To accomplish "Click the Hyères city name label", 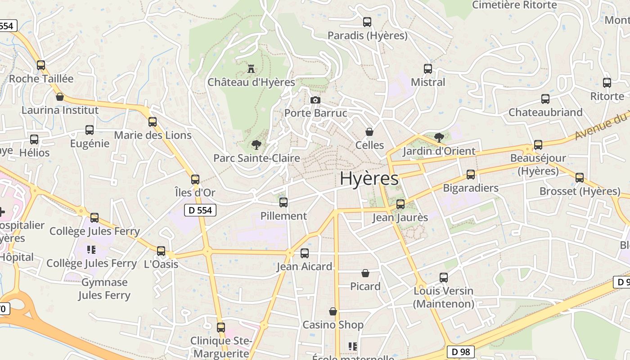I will coord(369,179).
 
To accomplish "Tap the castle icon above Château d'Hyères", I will coord(251,69).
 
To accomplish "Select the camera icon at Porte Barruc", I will coord(315,100).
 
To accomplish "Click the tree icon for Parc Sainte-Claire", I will coord(256,144).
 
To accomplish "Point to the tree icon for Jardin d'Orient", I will coord(439,137).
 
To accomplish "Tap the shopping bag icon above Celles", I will coord(369,132).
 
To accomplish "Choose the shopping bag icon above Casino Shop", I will coord(333,311).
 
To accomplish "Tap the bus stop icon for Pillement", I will coord(283,202).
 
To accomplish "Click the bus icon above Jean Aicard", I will coord(305,253).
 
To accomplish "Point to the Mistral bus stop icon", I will coord(428,69).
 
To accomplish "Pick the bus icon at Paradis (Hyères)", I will coord(367,22).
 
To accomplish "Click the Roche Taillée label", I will coord(41,79).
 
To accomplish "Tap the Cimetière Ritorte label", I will coord(514,5).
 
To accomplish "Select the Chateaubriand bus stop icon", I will coord(545,99).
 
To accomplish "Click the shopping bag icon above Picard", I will coord(365,273).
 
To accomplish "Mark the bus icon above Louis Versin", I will coord(444,278).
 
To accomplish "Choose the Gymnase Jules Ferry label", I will coord(104,289).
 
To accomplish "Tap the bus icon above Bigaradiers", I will coord(471,175).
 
